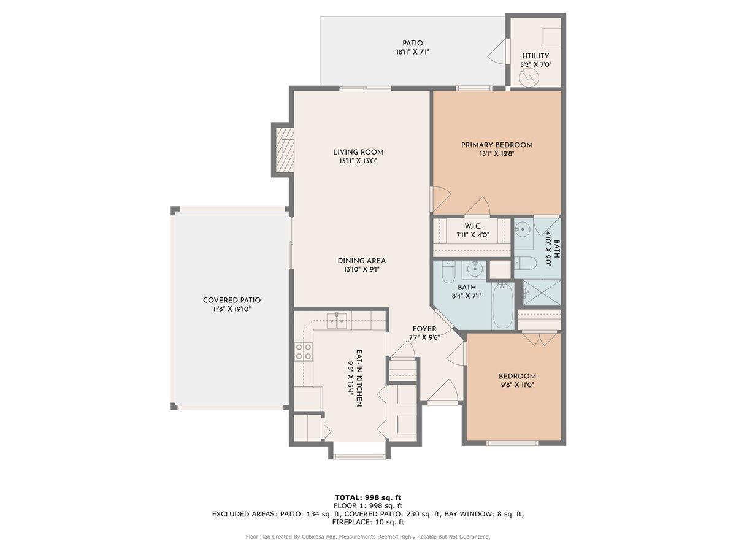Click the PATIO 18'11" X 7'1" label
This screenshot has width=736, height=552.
tap(412, 48)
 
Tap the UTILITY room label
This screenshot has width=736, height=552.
tap(535, 59)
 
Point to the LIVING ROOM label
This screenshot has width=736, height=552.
tap(358, 156)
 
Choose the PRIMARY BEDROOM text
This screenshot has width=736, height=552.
tap(497, 149)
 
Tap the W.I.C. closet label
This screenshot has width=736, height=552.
tap(472, 230)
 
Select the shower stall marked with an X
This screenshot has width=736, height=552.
tap(541, 293)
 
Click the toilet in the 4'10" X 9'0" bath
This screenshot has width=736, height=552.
tap(526, 263)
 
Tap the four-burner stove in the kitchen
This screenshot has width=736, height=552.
tap(303, 351)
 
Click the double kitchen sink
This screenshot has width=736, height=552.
tap(337, 318)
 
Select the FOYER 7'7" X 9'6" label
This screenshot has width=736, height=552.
tap(424, 333)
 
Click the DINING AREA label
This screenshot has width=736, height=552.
tap(361, 264)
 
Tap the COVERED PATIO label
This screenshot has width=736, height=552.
tap(232, 304)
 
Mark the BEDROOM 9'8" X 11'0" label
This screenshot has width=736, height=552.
tap(517, 380)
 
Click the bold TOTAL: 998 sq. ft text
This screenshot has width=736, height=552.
tap(368, 497)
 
